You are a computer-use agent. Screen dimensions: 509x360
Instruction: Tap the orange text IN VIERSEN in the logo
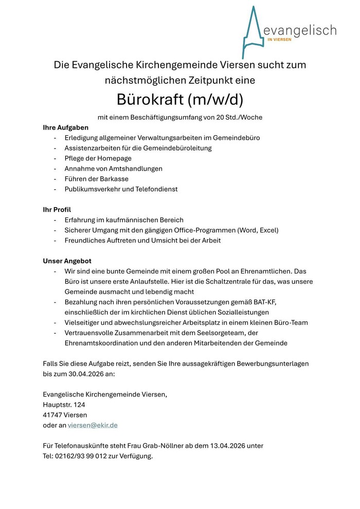pos(279,39)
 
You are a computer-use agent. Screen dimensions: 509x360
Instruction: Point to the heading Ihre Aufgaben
pos(65,128)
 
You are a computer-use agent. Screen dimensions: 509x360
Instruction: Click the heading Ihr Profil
pos(57,210)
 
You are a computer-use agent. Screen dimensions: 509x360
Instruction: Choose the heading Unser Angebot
pos(67,261)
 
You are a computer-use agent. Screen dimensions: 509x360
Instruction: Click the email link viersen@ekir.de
pos(93,425)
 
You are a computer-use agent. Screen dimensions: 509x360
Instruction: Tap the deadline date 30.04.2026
pos(85,374)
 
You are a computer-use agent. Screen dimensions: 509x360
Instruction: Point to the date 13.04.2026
pos(227,446)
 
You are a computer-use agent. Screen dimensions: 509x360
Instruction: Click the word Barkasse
pos(112,179)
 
